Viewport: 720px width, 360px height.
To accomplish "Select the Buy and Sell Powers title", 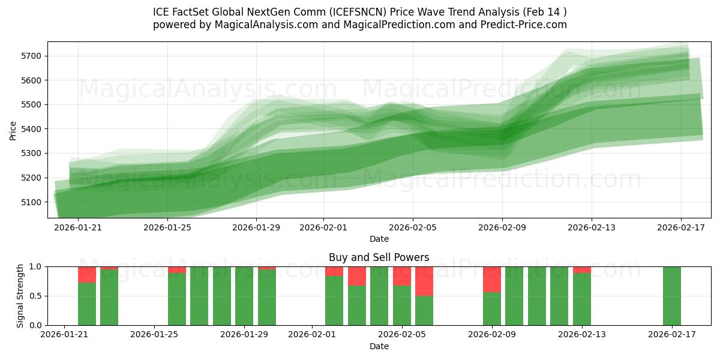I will coord(379,257).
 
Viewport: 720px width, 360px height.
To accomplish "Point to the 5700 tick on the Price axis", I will coord(31,56).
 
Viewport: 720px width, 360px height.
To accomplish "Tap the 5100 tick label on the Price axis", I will coord(31,202).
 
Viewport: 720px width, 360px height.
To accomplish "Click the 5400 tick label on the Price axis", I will coord(31,129).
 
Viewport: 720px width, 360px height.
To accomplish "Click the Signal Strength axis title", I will coord(20,295).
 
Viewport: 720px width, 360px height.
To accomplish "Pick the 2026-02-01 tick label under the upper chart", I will coord(323,227).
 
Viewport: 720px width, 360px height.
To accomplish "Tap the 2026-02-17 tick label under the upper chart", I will coord(681,227).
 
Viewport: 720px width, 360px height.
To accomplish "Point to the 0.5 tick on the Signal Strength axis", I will coord(35,296).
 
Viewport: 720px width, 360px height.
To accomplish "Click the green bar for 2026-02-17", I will coord(672,296).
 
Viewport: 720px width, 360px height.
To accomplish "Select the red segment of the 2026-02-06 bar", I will coord(424,281).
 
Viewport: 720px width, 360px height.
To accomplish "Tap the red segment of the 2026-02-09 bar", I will coord(492,279).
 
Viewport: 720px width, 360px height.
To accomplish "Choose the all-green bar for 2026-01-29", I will coord(244,296).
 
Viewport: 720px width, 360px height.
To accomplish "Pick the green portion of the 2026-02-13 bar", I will coord(582,299).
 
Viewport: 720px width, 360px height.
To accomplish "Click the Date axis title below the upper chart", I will coord(379,239).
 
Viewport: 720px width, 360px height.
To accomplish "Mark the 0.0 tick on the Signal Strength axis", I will coord(35,325).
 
